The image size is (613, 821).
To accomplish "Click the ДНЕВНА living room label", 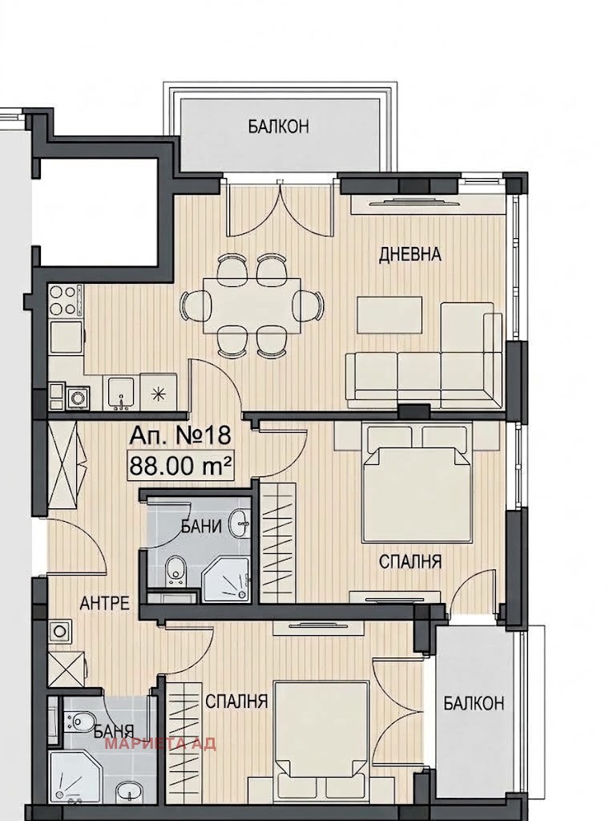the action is [x=410, y=255].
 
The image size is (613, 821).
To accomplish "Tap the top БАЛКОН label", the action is [x=279, y=127].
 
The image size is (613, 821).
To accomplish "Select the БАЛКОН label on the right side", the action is [x=474, y=703].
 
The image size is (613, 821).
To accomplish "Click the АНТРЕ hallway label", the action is [x=104, y=603].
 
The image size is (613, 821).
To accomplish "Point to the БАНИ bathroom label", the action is [x=202, y=526].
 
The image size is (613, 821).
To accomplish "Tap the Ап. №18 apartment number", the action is [x=180, y=435].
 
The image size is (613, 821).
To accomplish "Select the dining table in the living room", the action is [x=252, y=305].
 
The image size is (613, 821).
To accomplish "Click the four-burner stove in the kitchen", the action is [x=66, y=301].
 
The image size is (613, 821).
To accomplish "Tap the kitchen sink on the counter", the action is [x=122, y=393].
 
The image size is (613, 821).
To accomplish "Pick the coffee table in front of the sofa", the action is [x=389, y=314].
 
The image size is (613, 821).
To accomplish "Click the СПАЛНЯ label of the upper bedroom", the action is [x=410, y=562].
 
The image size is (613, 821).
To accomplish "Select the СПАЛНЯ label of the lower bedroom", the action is [x=236, y=701].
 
